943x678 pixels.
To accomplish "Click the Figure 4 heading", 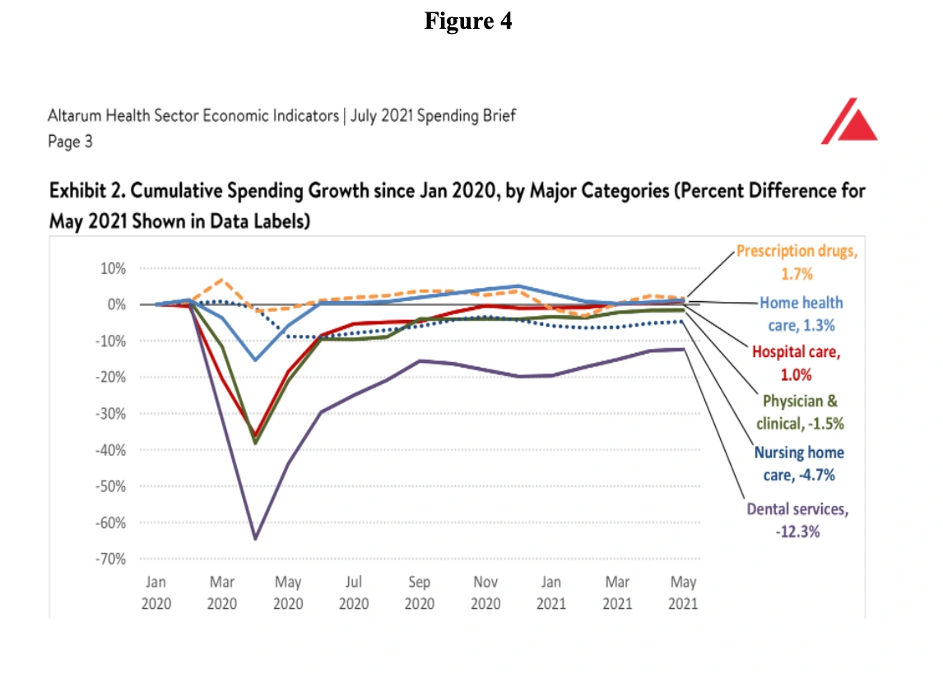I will click(468, 21).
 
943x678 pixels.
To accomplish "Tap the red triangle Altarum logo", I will click(848, 122).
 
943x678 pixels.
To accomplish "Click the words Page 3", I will click(70, 142).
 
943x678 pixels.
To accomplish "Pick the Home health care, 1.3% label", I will click(801, 313).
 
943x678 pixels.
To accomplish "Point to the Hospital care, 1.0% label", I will click(796, 363).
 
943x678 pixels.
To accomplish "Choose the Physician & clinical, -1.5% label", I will click(800, 412).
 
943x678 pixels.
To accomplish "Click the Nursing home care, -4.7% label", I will click(799, 464).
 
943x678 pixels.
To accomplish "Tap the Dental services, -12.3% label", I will click(797, 520).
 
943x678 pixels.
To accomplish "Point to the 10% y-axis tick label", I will click(111, 268).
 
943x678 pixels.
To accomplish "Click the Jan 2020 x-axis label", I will click(156, 592).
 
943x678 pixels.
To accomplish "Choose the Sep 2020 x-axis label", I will click(419, 592).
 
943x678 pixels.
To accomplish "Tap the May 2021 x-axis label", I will click(683, 592).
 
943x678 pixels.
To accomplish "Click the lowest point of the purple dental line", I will click(255, 538).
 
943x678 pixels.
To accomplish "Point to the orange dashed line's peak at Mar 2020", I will click(221, 280).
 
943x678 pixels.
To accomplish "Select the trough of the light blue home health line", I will click(255, 360).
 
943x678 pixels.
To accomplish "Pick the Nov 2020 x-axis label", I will click(485, 592).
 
